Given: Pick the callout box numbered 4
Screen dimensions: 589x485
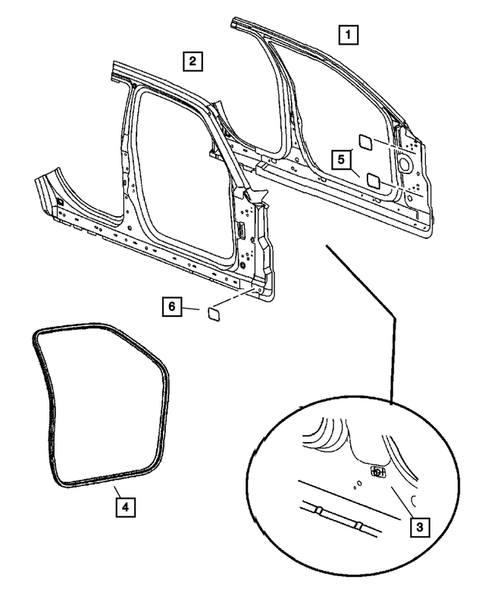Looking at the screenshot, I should click(x=121, y=507).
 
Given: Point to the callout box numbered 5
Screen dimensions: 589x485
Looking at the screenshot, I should click(x=340, y=158).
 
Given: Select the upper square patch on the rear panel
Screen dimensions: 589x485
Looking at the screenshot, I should click(x=366, y=141).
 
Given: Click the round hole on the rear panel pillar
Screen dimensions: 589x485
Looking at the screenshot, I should click(x=406, y=158).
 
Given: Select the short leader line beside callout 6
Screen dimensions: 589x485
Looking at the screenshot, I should click(x=190, y=309).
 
